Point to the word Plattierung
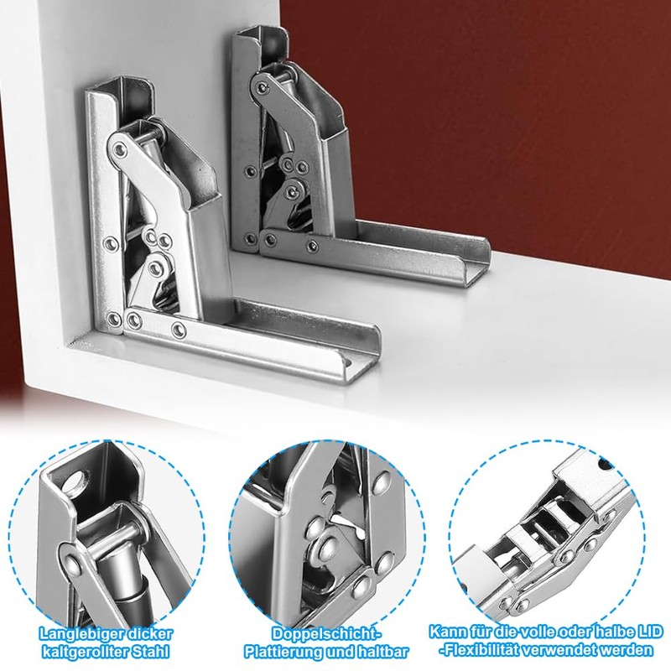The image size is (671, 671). click(288, 650)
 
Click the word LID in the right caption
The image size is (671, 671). click(637, 630)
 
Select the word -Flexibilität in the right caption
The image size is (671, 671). click(489, 650)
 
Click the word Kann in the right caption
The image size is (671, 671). click(447, 630)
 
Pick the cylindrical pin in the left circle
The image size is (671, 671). click(113, 544)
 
